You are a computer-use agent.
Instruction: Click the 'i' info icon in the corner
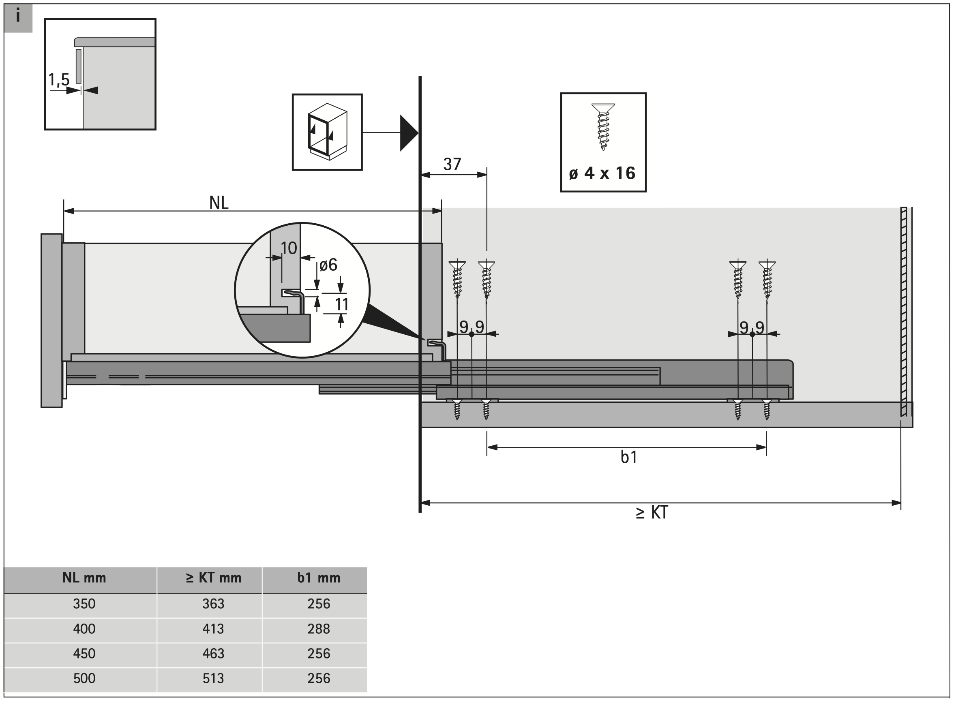pos(18,17)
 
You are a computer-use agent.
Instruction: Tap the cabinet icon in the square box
pos(327,132)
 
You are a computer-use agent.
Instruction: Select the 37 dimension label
pos(452,164)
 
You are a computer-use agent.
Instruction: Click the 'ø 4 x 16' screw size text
pos(602,173)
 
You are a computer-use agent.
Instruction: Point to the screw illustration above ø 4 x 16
pos(603,126)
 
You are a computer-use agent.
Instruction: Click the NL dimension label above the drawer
pos(219,203)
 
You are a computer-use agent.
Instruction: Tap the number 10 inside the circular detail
pos(289,248)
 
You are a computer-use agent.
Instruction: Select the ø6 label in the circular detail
pos(328,265)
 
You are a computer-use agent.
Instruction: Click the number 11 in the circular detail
pos(342,304)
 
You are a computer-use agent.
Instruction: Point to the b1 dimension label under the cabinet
pos(629,457)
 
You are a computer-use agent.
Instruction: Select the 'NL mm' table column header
pos(84,578)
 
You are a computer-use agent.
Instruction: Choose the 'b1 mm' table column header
pos(318,578)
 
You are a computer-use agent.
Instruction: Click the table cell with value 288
pos(318,628)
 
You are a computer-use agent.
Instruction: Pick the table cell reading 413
pos(213,628)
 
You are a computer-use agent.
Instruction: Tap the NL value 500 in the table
pos(84,678)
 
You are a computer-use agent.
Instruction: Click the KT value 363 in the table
pos(213,603)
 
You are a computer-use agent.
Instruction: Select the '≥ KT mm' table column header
pos(213,578)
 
